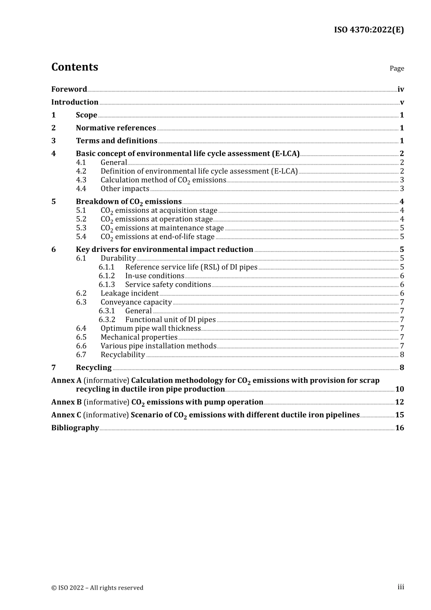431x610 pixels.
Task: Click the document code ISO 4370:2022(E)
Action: (368, 30)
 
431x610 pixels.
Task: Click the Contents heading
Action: (74, 67)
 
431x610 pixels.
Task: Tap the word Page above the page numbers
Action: (397, 69)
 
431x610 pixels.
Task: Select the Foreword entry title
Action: (69, 89)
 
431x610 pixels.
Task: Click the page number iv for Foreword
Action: (401, 89)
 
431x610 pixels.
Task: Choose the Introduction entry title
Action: (75, 102)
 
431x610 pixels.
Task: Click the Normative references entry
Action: (116, 128)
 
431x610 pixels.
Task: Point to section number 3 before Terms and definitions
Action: (54, 141)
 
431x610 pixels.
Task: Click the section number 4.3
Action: (81, 180)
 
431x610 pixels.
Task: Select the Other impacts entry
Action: (125, 189)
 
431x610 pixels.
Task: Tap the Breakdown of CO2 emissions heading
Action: (128, 202)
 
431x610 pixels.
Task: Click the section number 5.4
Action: (81, 237)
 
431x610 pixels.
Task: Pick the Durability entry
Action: (118, 258)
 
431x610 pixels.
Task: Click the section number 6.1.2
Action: (107, 276)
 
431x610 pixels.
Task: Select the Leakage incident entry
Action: (129, 293)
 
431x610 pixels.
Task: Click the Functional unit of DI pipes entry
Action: (170, 320)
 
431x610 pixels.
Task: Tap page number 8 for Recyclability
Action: (402, 355)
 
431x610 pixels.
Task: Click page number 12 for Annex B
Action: (399, 402)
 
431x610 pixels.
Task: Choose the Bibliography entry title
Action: (75, 428)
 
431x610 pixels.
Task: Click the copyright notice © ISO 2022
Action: (97, 588)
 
